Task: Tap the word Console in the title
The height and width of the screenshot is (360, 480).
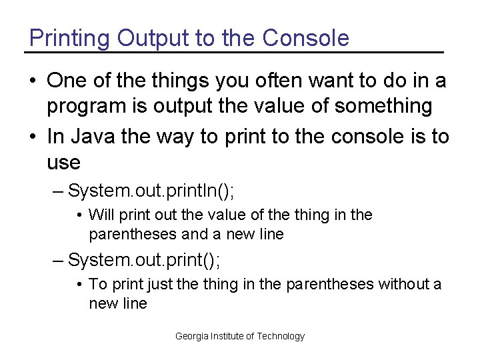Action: click(x=306, y=37)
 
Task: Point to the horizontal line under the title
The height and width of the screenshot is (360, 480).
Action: click(x=234, y=52)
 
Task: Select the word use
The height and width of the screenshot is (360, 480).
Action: click(x=63, y=162)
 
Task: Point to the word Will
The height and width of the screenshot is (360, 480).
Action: click(x=101, y=215)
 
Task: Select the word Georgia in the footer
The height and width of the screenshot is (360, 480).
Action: click(x=192, y=336)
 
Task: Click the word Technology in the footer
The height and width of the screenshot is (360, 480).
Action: click(x=280, y=336)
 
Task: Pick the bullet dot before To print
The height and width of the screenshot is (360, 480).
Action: click(x=79, y=285)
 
